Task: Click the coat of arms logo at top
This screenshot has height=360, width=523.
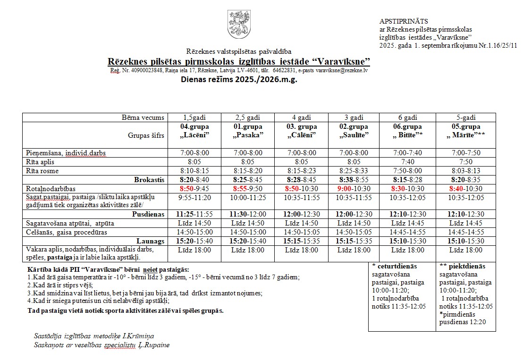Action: click(x=238, y=26)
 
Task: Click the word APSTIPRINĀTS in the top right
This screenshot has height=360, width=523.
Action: click(x=404, y=21)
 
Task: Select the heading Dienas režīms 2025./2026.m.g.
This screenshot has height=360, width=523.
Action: click(x=239, y=79)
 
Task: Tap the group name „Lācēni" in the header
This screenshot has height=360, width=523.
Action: click(x=194, y=135)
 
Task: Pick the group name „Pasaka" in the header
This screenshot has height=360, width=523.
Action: click(x=248, y=135)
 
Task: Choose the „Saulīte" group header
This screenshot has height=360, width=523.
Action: click(x=354, y=135)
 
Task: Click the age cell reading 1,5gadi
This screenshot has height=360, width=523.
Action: click(x=194, y=117)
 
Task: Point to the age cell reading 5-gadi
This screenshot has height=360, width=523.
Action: click(x=465, y=117)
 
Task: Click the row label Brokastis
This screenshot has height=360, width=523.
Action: click(x=150, y=179)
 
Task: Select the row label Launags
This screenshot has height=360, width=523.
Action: click(x=151, y=241)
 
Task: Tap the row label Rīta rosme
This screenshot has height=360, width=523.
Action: click(x=43, y=171)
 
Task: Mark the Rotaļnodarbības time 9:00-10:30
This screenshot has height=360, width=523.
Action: click(x=354, y=188)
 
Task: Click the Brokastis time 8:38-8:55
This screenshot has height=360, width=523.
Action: click(x=354, y=179)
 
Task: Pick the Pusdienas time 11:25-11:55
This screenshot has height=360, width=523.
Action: click(x=194, y=214)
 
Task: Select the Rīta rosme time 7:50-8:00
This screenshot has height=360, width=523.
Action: click(x=407, y=171)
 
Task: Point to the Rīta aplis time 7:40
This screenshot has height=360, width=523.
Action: click(x=407, y=162)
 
